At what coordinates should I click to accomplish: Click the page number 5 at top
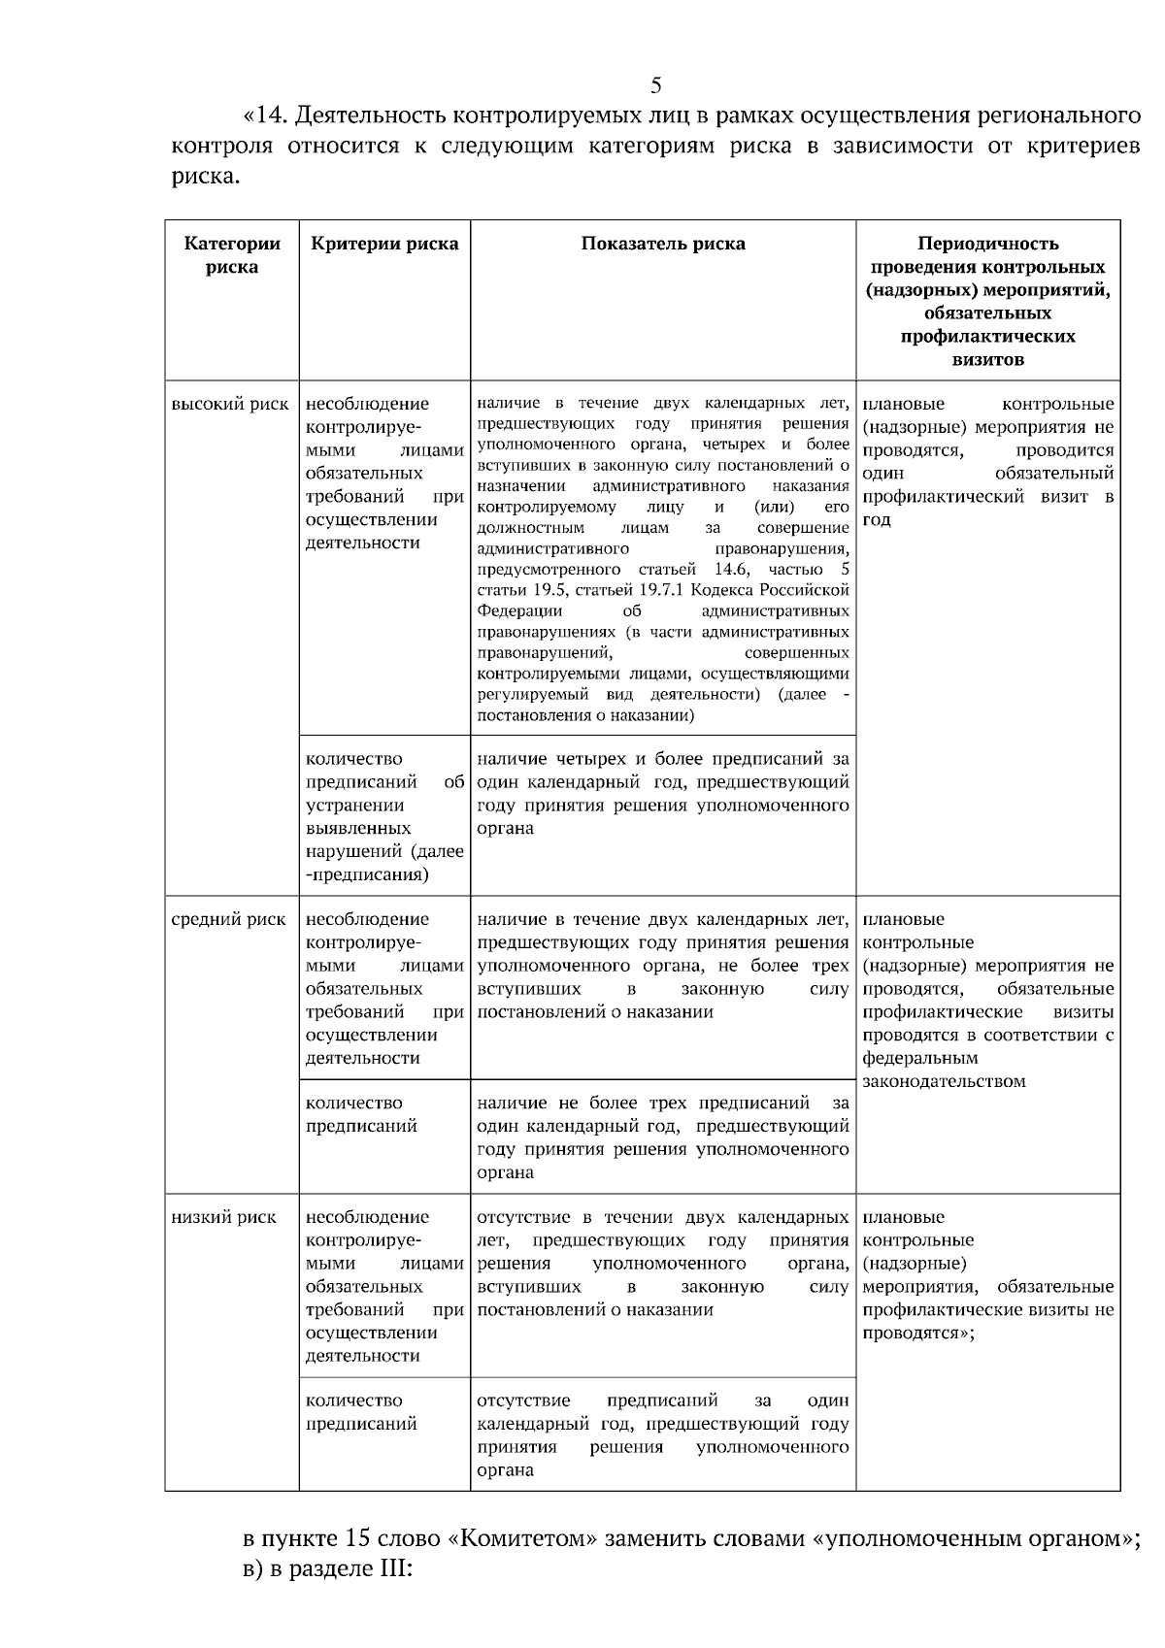pyautogui.click(x=655, y=84)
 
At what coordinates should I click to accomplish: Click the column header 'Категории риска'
pyautogui.click(x=232, y=255)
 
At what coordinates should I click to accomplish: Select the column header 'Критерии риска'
pyautogui.click(x=384, y=244)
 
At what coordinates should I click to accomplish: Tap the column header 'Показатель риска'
pyautogui.click(x=663, y=244)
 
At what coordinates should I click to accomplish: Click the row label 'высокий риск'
pyautogui.click(x=230, y=404)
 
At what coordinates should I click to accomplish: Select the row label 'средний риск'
pyautogui.click(x=228, y=919)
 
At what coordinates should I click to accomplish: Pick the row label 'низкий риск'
pyautogui.click(x=224, y=1217)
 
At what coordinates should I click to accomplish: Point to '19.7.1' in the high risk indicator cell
pyautogui.click(x=661, y=590)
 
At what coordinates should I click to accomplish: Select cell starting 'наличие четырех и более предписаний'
pyautogui.click(x=663, y=794)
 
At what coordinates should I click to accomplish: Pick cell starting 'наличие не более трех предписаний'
pyautogui.click(x=663, y=1137)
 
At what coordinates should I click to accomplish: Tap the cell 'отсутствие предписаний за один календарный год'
pyautogui.click(x=663, y=1435)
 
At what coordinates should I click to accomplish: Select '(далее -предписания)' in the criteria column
pyautogui.click(x=384, y=864)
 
